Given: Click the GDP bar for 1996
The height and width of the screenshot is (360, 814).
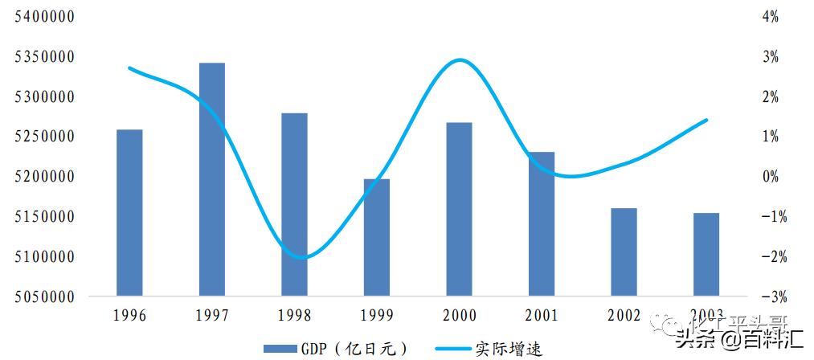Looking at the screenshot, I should coord(129,212).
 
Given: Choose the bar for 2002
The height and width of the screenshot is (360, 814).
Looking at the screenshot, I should coord(624,252).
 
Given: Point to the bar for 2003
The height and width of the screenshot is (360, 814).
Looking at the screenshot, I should coord(706,254).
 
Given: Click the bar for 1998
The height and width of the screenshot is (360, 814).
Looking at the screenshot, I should coord(294,204).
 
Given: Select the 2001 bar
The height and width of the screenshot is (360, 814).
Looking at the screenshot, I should coord(542,223).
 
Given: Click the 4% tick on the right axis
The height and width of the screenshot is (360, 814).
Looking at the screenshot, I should coord(771,17).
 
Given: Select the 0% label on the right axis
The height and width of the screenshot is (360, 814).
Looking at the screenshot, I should coord(771,177).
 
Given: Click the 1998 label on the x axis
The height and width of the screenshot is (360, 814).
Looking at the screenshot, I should coord(294,316).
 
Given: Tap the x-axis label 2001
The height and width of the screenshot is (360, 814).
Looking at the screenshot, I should coord(542,316).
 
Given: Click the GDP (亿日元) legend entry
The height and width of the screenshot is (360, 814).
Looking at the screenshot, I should coord(337,349).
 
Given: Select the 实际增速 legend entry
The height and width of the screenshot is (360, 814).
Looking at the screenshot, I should coord(489,349).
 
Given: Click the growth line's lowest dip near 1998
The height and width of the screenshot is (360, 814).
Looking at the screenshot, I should coord(300,258).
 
